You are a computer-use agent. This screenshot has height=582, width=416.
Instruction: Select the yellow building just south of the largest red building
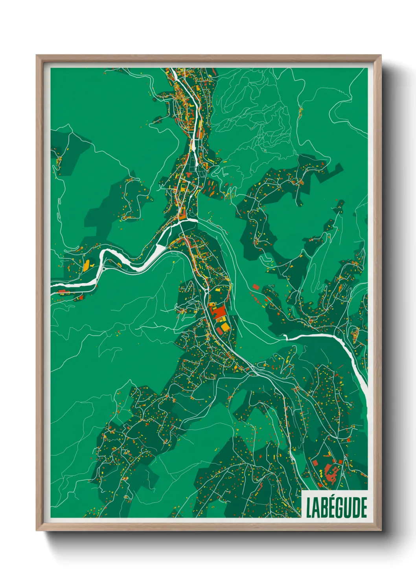coord(223,327)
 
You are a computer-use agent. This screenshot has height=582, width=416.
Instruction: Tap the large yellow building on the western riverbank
coord(86,265)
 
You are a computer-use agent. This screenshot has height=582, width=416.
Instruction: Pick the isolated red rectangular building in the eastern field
coord(256,287)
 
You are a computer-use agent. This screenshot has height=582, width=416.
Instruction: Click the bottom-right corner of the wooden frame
coord(380,530)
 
